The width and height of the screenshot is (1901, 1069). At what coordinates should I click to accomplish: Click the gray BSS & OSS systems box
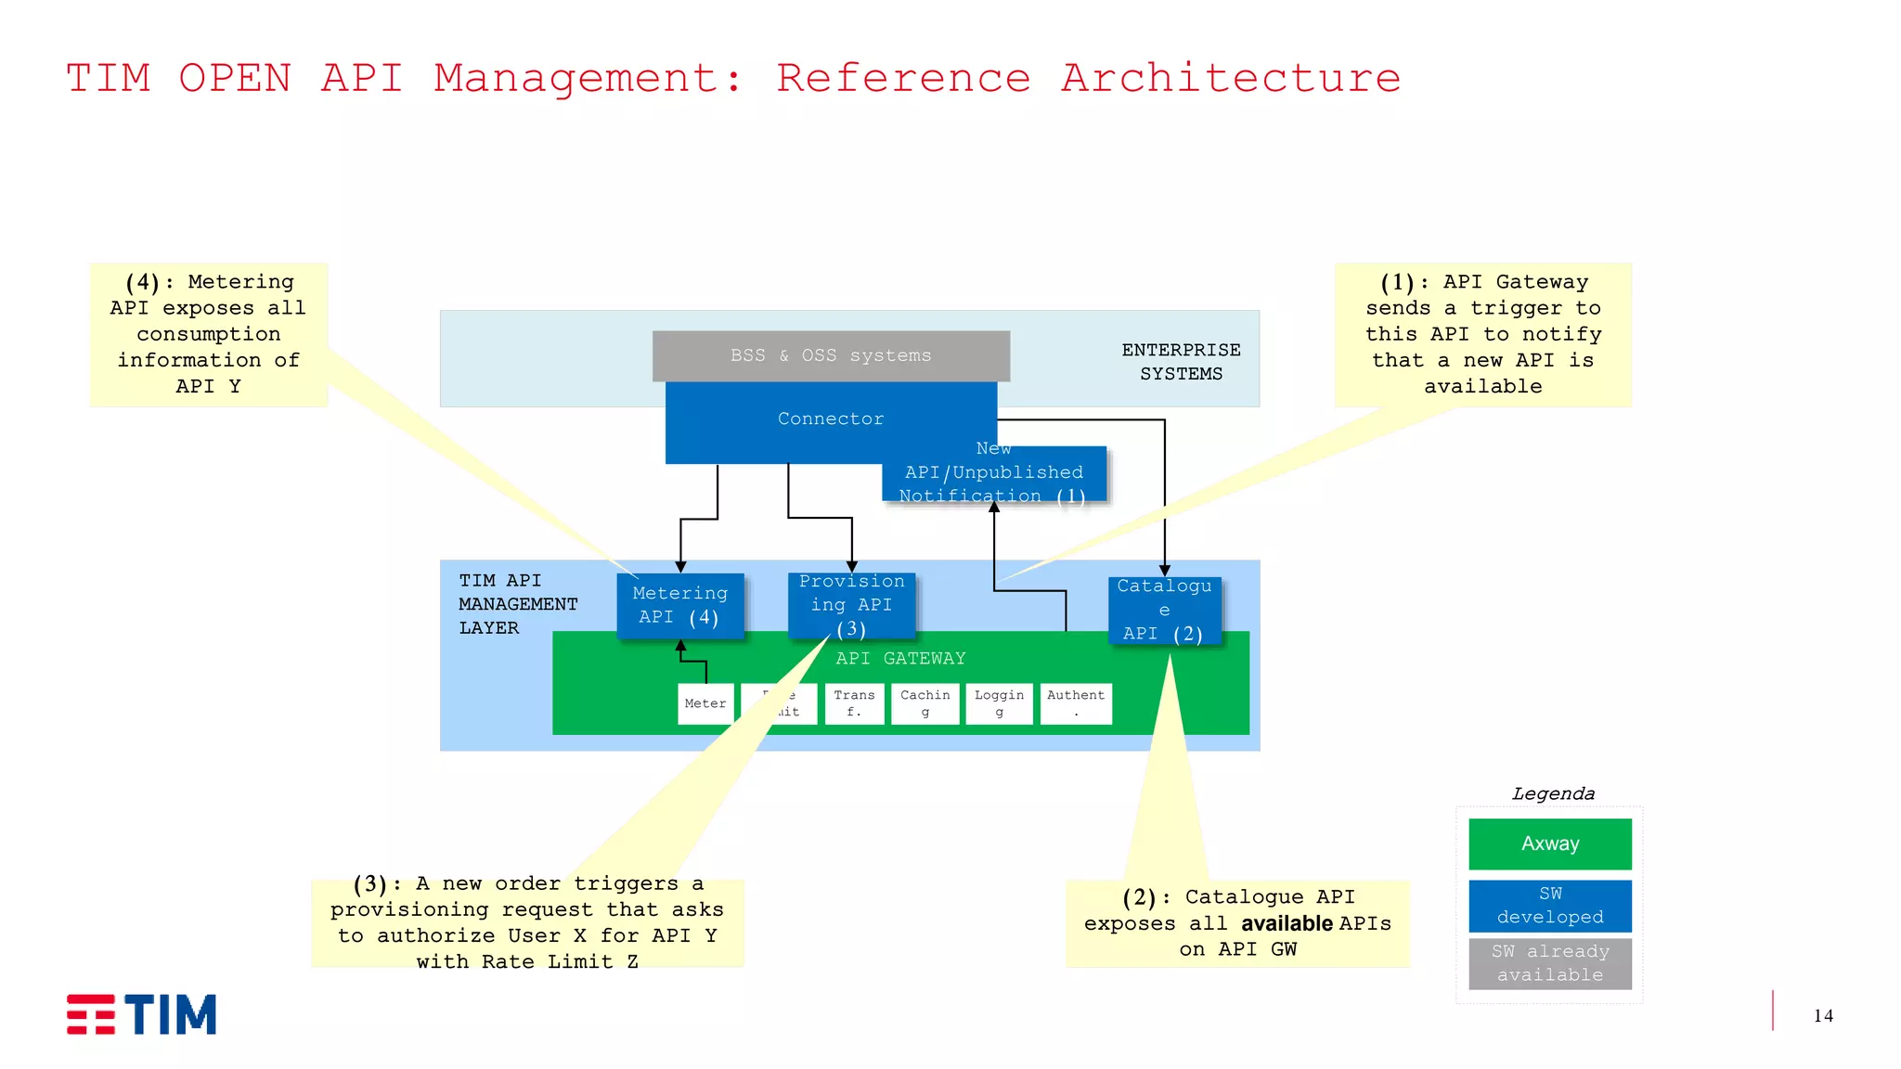click(831, 355)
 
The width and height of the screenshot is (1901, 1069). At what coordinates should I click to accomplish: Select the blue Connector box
click(831, 419)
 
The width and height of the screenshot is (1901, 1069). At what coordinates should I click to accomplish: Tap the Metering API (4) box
click(680, 605)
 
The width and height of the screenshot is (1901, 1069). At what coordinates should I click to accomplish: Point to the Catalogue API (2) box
click(1164, 610)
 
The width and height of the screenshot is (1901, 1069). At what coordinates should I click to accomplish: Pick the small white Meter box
click(705, 703)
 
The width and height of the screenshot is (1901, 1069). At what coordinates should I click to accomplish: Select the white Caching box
click(925, 703)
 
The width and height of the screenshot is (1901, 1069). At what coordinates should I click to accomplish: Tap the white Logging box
click(999, 703)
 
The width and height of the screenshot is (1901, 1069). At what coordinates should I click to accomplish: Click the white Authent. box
click(1076, 703)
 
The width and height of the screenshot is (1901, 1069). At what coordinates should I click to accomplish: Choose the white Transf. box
click(854, 703)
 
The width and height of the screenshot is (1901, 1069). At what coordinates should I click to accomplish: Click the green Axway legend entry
click(1549, 844)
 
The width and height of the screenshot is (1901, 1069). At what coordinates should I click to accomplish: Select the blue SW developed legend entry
click(1549, 906)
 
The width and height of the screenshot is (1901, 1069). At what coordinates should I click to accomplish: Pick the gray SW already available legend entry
click(1549, 963)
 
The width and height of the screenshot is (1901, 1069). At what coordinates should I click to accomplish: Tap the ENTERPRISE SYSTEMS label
click(1181, 362)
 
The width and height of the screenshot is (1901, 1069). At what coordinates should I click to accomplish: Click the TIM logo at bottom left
click(141, 1014)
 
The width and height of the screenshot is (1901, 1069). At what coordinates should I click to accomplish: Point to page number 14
click(1822, 1016)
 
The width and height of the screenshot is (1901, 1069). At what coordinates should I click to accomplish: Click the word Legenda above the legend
click(1553, 793)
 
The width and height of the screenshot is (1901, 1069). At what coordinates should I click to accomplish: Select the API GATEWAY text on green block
click(899, 658)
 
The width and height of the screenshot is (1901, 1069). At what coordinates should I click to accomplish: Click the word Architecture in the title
click(1230, 78)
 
